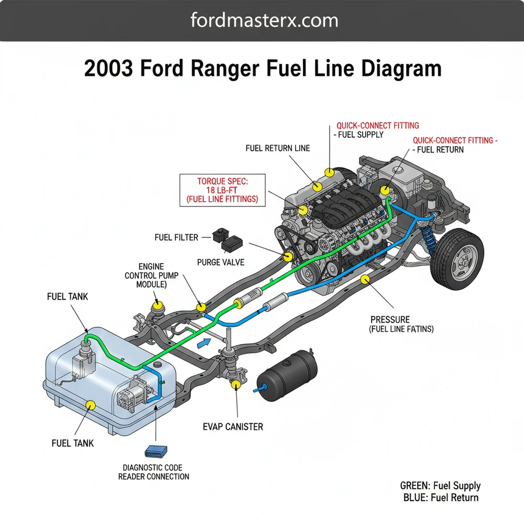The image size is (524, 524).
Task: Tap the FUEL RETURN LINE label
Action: click(278, 148)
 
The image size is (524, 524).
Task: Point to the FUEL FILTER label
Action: click(176, 237)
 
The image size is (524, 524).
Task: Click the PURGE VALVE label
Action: click(221, 261)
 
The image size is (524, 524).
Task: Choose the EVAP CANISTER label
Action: click(233, 427)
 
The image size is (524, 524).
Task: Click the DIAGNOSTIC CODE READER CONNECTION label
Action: click(156, 472)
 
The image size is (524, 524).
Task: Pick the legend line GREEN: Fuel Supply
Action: click(440, 486)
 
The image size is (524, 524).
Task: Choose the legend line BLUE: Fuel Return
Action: click(441, 498)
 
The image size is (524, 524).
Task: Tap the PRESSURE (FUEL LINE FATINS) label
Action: click(401, 324)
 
